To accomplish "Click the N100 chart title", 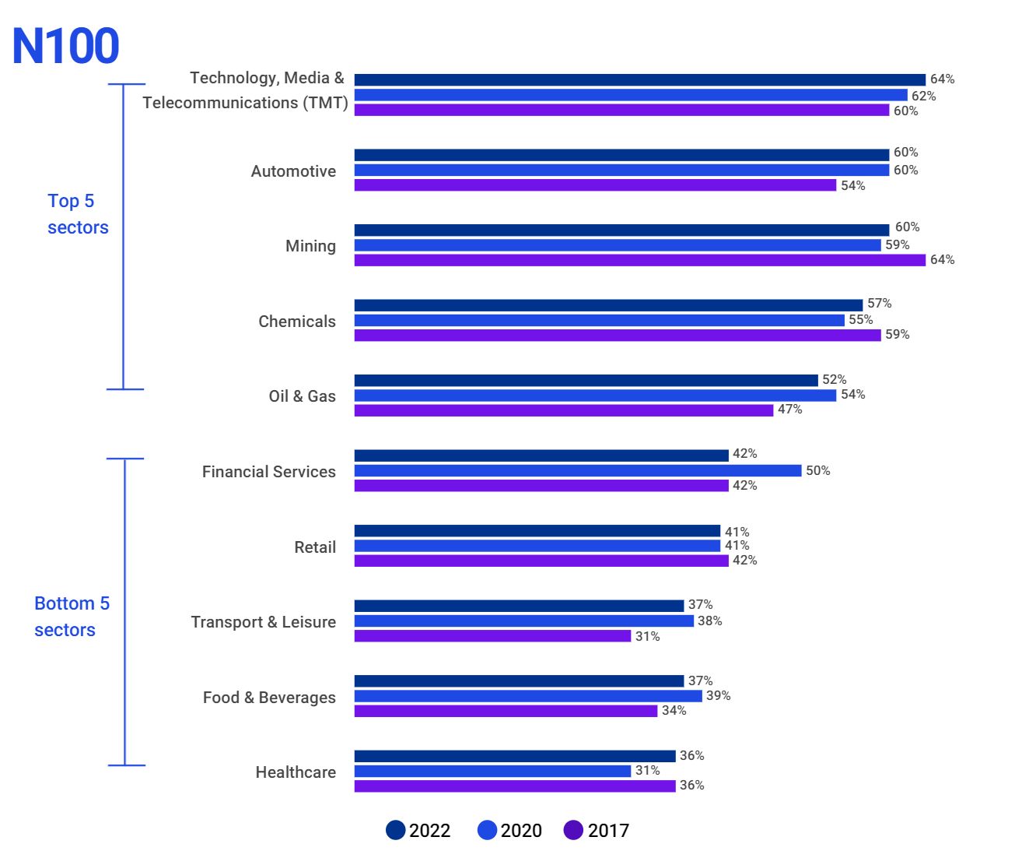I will tap(66, 46).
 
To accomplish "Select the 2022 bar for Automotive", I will tap(621, 155).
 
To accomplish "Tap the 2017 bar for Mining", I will tap(639, 260).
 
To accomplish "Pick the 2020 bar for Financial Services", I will tap(577, 471).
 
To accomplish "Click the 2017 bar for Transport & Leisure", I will tap(492, 636).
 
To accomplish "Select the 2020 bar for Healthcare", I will tap(492, 771).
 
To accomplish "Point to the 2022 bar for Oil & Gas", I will tap(586, 381).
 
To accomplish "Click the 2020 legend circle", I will tap(487, 830).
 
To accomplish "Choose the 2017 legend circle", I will tap(573, 830).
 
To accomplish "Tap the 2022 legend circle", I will tap(396, 830).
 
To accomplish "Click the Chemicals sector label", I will tap(297, 322).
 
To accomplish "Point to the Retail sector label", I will tap(315, 547).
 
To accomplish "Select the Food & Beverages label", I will tap(269, 698).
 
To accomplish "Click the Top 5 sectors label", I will tap(77, 214).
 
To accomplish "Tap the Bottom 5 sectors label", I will tap(72, 617).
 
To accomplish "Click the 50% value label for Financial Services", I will tap(817, 471).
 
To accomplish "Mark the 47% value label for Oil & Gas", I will tap(789, 410).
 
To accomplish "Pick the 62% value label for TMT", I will tap(923, 97).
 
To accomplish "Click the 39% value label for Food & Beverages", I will tap(718, 696).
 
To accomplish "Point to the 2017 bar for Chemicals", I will tap(618, 336).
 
